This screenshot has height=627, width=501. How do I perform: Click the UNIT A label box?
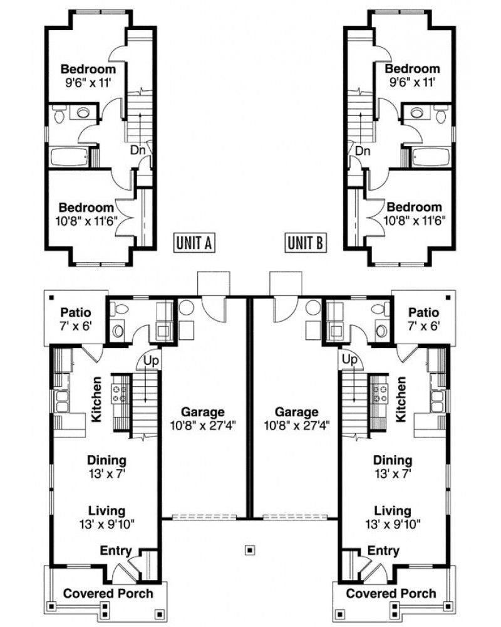click(x=194, y=242)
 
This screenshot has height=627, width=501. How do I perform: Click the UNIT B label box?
click(x=306, y=242)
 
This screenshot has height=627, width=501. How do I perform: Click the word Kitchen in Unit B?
click(x=401, y=399)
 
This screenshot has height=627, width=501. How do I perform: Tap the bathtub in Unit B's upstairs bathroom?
click(x=430, y=156)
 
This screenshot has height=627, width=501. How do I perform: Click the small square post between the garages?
click(x=250, y=550)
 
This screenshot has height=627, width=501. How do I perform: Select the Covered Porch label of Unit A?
click(x=108, y=593)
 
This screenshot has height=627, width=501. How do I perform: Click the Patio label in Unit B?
click(x=423, y=312)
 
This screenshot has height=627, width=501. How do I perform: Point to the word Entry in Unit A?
click(x=116, y=551)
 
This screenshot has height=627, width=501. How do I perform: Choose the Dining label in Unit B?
click(x=393, y=460)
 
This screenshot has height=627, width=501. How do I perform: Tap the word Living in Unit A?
click(x=106, y=510)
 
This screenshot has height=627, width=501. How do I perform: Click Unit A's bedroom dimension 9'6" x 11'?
click(x=88, y=82)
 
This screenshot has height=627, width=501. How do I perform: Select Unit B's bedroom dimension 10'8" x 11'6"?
click(x=413, y=219)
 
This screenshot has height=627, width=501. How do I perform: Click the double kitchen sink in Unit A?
click(x=63, y=399)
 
